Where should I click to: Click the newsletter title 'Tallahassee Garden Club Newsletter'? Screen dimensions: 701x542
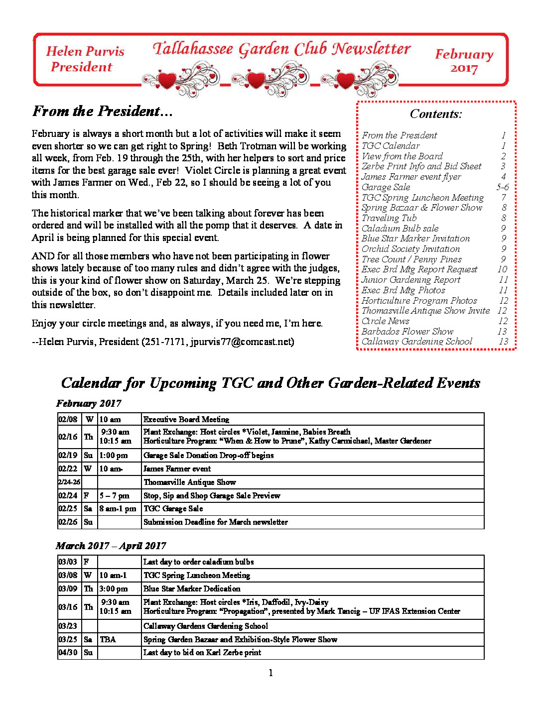tap(281, 49)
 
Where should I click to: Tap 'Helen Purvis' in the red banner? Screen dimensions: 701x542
tap(85, 51)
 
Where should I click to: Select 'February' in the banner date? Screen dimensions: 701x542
tap(464, 54)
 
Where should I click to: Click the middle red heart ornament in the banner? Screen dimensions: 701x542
tap(256, 79)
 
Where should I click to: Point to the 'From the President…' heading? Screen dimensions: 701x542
tap(102, 111)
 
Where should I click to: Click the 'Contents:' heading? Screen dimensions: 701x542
tap(436, 114)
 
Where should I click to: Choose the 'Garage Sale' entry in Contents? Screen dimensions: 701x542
tap(386, 187)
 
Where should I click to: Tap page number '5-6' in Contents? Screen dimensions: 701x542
tap(503, 187)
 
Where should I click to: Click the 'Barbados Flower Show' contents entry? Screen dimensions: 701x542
tap(407, 332)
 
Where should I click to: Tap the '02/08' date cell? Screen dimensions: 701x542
tap(68, 419)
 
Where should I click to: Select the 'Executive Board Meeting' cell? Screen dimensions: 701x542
tap(186, 419)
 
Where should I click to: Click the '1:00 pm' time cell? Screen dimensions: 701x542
tap(114, 455)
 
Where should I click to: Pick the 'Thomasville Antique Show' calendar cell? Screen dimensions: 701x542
tap(190, 482)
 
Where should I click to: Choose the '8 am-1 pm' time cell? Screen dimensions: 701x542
tap(118, 508)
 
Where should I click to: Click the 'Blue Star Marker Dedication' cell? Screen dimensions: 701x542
tap(192, 588)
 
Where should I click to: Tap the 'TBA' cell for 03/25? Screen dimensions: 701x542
tap(108, 639)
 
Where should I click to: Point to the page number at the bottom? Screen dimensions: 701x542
tap(271, 673)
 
